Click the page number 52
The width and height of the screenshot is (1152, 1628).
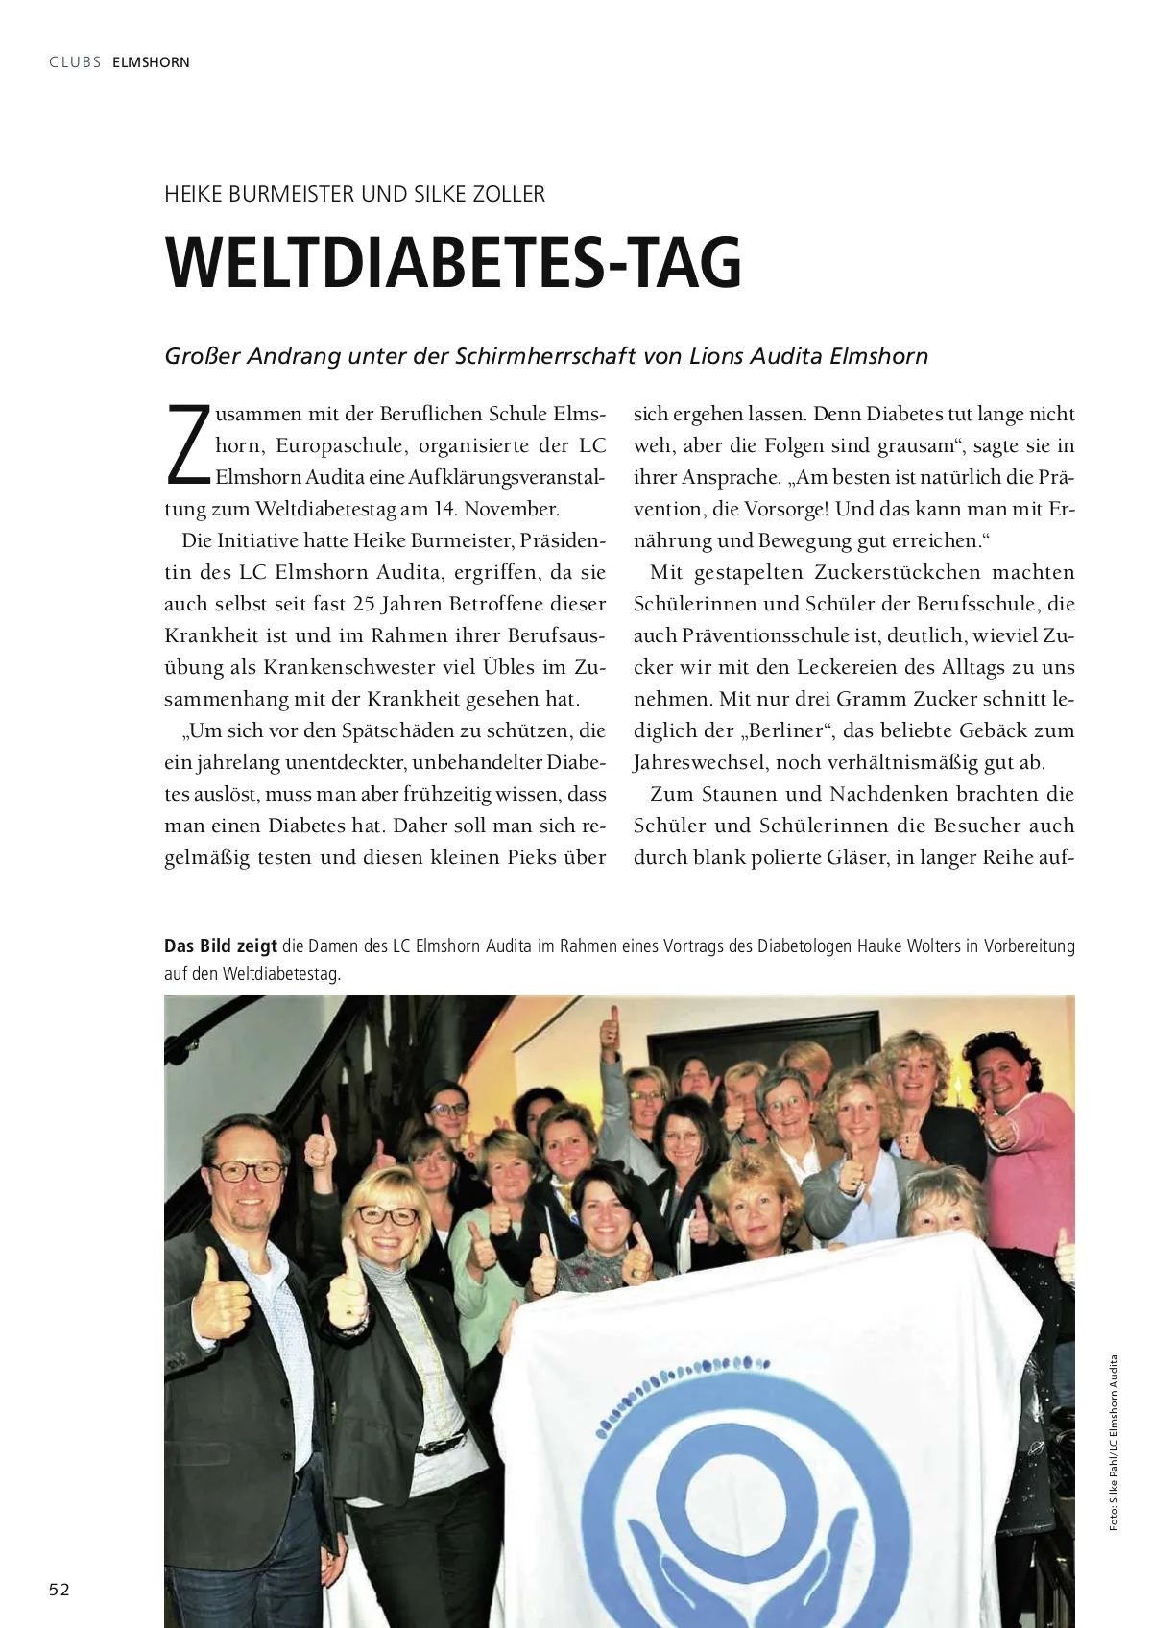click(60, 1589)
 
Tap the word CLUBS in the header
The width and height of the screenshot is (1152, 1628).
click(75, 62)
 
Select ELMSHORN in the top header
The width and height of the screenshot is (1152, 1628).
click(151, 62)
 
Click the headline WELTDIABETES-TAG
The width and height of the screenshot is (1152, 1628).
click(453, 262)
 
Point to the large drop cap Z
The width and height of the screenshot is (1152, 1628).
click(188, 445)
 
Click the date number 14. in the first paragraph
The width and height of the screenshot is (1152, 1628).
click(444, 509)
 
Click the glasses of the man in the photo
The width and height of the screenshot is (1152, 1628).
click(248, 1171)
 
